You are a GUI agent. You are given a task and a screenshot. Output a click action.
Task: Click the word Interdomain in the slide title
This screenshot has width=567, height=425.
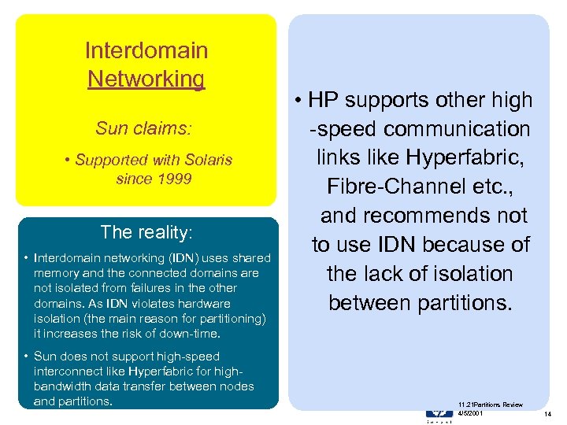click(x=146, y=51)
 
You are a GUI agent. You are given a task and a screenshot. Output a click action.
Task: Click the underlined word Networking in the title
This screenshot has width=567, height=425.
click(x=146, y=79)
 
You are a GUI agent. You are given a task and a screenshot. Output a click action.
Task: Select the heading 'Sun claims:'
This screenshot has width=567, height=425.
click(x=144, y=128)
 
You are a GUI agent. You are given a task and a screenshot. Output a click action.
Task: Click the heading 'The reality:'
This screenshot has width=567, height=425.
click(x=146, y=232)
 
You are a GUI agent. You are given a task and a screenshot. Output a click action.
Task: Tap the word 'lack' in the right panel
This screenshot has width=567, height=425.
click(x=387, y=274)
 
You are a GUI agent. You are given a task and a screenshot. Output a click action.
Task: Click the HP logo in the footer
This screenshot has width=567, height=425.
click(x=439, y=412)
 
